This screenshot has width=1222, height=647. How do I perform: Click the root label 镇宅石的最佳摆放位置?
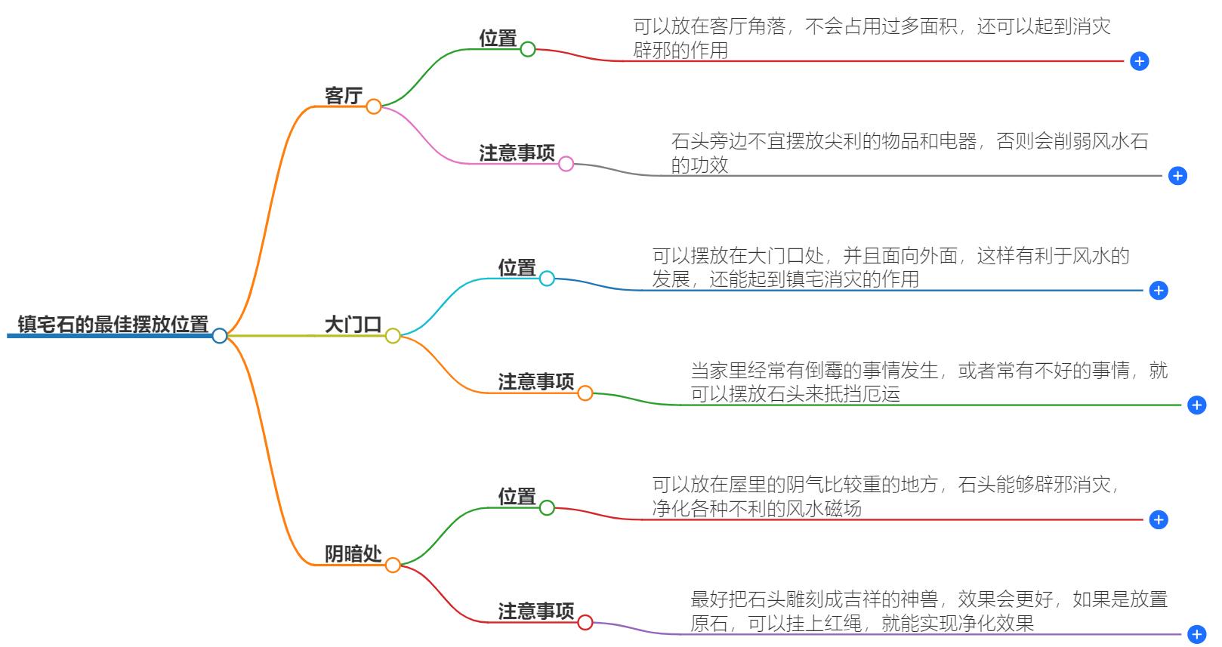113,325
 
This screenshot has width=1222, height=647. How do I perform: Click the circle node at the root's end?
220,335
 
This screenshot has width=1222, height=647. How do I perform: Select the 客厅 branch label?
344,96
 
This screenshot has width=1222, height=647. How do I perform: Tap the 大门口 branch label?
353,325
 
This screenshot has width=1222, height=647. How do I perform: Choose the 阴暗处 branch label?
353,554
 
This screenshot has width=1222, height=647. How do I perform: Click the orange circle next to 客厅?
374,106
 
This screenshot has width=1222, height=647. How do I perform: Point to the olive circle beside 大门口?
393,336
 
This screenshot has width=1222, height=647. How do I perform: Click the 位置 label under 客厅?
498,39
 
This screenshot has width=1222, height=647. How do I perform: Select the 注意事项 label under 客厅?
517,153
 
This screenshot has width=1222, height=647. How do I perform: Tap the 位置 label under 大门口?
517,268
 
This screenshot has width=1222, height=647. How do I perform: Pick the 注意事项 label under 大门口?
535,382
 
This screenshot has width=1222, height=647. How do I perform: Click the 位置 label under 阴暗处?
517,497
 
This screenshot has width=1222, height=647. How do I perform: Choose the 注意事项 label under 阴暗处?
535,611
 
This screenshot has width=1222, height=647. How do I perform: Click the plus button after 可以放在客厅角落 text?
1140,61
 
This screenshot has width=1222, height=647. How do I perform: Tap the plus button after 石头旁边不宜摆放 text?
1177,176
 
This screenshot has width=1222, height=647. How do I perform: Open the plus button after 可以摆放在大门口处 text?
1159,291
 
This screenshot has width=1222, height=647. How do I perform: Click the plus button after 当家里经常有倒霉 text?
1197,405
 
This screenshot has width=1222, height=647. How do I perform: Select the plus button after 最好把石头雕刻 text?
1197,634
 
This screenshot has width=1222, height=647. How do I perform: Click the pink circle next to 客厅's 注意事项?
566,164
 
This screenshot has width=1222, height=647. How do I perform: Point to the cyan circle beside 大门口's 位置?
547,279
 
